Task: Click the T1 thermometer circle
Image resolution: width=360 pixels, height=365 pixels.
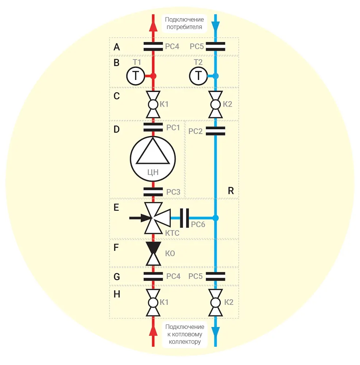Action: click(136, 76)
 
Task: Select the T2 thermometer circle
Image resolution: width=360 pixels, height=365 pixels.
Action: click(198, 76)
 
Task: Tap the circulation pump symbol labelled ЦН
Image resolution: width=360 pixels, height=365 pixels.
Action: click(153, 158)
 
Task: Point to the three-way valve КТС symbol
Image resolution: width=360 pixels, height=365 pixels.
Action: click(154, 218)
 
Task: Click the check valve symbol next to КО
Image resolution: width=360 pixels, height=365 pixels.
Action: click(153, 253)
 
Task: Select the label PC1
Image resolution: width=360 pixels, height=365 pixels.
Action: click(173, 128)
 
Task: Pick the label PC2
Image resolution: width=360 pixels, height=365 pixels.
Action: click(196, 131)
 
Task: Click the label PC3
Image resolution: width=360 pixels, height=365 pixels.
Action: click(173, 192)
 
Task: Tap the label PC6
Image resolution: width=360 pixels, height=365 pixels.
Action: click(198, 225)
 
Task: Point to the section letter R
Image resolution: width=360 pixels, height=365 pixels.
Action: click(231, 191)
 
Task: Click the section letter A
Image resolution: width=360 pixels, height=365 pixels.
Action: click(117, 47)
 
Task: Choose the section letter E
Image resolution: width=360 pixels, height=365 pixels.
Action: click(116, 208)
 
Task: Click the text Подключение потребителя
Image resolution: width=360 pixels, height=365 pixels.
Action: click(184, 23)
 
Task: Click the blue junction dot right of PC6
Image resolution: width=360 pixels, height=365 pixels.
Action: click(216, 218)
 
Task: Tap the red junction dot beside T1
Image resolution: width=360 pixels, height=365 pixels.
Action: click(153, 76)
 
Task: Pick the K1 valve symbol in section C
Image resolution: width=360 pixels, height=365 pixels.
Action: click(153, 104)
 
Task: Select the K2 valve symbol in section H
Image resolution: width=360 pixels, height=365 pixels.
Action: click(216, 302)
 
